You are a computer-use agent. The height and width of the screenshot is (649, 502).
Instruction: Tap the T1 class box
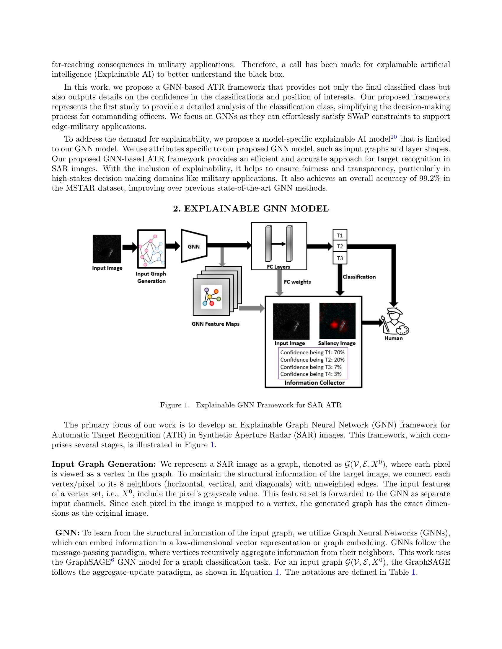point(340,235)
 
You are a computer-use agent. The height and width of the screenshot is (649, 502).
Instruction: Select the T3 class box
point(340,258)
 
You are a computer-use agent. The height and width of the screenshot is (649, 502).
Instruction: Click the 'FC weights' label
point(297,282)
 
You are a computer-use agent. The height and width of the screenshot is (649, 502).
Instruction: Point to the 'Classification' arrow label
point(359,277)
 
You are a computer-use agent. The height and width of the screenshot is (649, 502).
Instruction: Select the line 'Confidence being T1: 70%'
point(312,353)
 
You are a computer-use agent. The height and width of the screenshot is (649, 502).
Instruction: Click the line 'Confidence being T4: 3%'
point(311,374)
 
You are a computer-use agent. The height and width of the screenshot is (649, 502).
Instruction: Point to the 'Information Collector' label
point(314,383)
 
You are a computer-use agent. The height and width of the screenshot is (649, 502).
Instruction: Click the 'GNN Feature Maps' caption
point(215,324)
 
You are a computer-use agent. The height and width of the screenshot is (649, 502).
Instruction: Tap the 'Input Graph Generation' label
point(151,277)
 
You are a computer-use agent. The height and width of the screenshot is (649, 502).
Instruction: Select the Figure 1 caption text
point(251,405)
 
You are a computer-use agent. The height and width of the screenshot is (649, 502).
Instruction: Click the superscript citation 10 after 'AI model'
point(393,137)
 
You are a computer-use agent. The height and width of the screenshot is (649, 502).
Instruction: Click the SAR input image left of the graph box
point(107,249)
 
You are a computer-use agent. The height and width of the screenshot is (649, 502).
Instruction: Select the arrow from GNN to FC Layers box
point(229,245)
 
